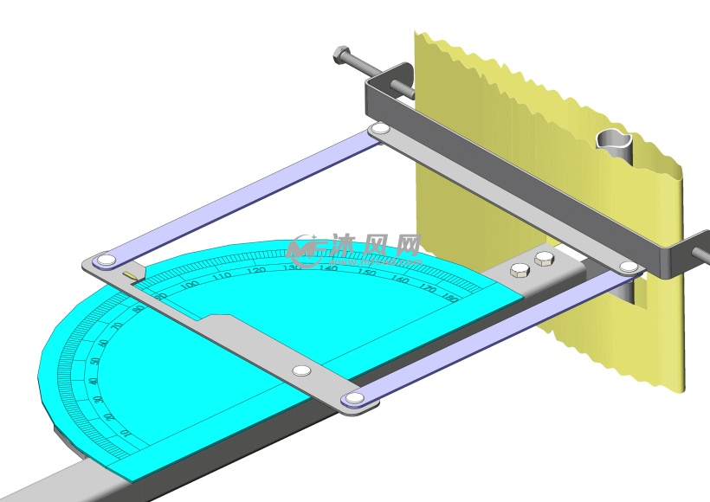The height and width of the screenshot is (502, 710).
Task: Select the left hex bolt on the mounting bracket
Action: [520, 270]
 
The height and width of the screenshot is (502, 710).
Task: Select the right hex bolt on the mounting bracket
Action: [544, 259]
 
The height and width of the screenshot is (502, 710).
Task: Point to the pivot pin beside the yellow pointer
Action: [106, 260]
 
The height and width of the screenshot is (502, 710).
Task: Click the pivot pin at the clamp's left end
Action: [379, 130]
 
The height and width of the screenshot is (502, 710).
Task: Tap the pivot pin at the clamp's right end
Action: [629, 267]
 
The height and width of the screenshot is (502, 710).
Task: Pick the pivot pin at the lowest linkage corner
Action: [353, 399]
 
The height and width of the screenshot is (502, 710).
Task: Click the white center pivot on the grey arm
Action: [301, 370]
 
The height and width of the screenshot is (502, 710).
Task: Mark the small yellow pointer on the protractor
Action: [130, 276]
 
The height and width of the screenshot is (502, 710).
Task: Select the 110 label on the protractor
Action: [222, 276]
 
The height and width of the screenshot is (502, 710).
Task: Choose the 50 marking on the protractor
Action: [94, 361]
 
